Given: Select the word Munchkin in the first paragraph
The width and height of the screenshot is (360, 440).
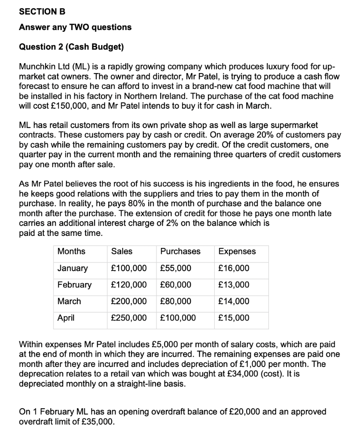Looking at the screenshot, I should (x=37, y=67).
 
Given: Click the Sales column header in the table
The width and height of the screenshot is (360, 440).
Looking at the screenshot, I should (x=122, y=251).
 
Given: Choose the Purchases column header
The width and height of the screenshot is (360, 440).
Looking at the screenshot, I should (x=180, y=251).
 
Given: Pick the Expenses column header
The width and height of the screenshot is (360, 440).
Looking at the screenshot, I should (x=237, y=251).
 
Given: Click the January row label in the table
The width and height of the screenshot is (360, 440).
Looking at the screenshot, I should (x=73, y=269).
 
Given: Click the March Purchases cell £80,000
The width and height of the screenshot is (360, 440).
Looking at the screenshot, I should (x=176, y=301).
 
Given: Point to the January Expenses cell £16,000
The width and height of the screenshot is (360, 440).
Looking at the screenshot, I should (x=234, y=269).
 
